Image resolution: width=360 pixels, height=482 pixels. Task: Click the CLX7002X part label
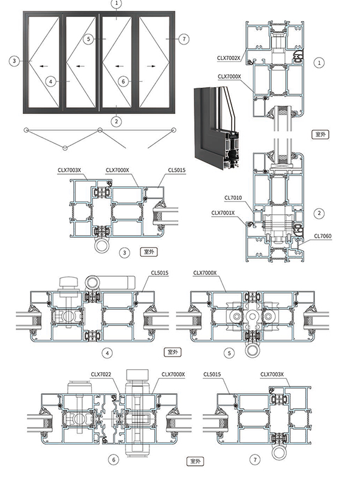click(x=229, y=58)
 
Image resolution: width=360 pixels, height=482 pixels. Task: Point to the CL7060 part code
click(x=322, y=236)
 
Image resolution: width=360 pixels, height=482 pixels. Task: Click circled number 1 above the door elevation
click(x=117, y=4)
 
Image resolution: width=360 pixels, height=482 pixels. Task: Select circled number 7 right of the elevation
click(x=184, y=38)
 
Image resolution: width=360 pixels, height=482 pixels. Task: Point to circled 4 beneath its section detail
click(x=107, y=352)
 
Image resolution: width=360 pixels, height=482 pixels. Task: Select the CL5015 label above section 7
click(x=212, y=374)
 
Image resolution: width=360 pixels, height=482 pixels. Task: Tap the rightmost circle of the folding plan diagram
click(x=175, y=130)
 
